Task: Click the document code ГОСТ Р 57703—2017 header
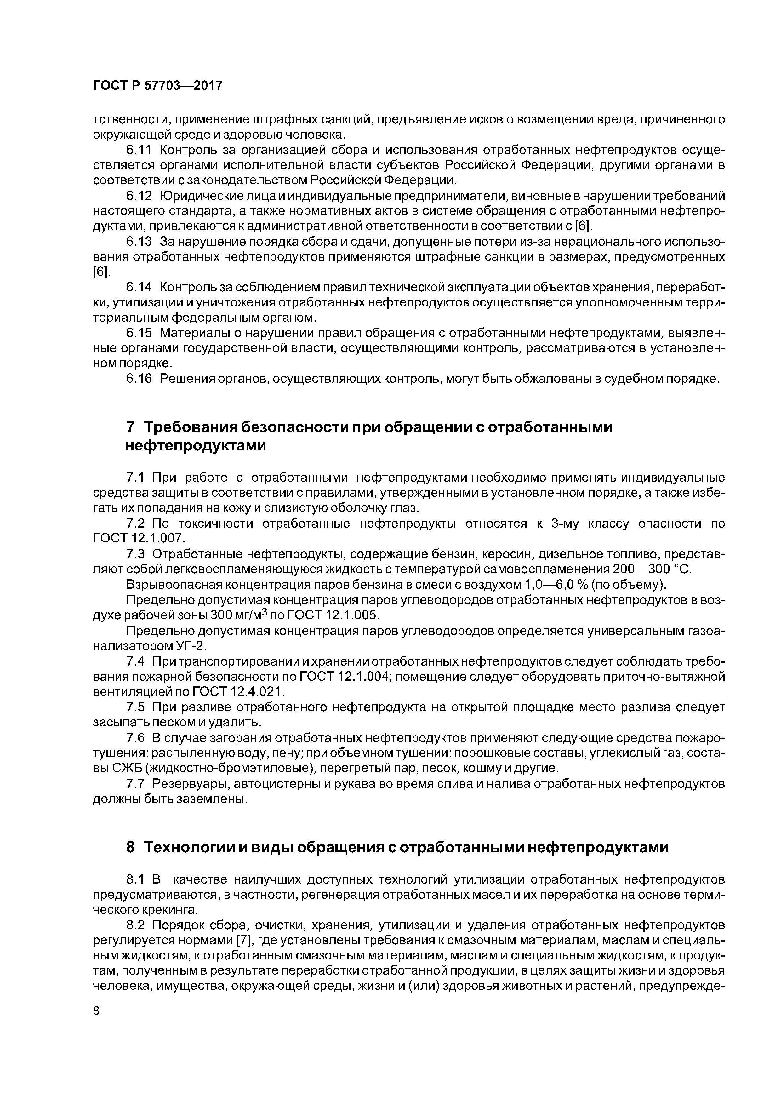pyautogui.click(x=157, y=86)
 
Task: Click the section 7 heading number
pyautogui.click(x=130, y=427)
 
